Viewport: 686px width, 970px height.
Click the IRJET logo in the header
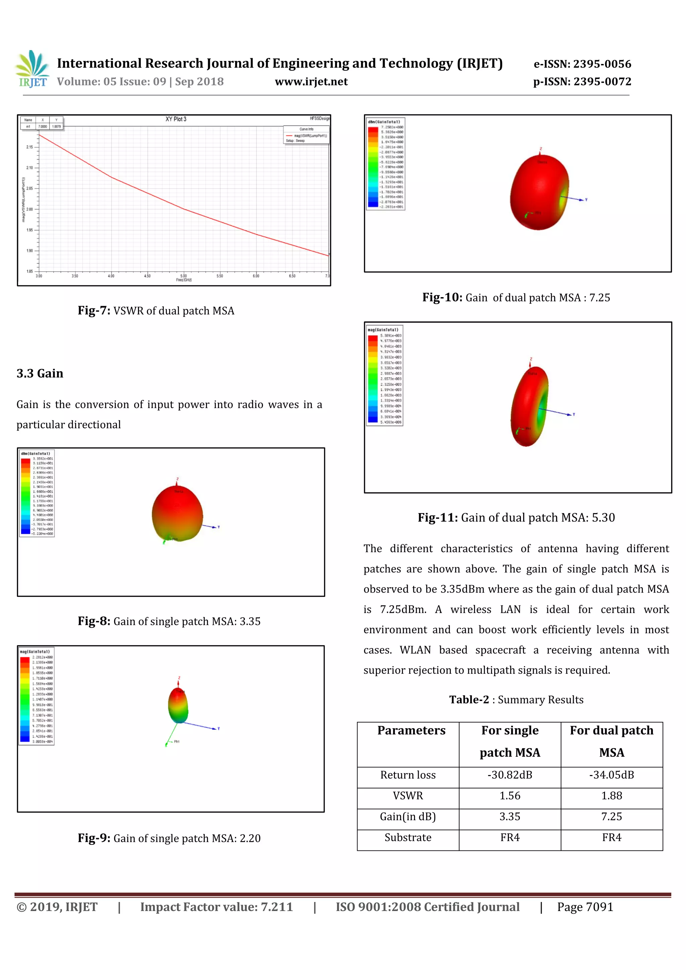pos(32,68)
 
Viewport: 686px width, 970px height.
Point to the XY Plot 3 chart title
pos(176,119)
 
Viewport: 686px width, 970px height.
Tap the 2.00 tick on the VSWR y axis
pos(29,209)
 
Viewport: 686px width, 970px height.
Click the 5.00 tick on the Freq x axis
pos(183,276)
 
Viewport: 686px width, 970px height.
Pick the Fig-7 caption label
pos(94,310)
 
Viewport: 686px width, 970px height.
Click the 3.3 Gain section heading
pos(40,373)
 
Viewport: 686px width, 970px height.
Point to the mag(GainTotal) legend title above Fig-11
pos(383,330)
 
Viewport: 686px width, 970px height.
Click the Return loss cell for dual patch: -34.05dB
pos(611,775)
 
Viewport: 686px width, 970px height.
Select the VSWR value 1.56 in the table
pos(510,796)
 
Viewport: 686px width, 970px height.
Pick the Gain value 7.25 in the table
pos(611,817)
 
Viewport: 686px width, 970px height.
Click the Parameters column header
pos(411,731)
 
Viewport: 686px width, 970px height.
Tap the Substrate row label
pos(408,837)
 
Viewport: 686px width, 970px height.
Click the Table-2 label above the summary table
pos(469,700)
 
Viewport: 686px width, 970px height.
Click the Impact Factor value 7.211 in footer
pos(276,907)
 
